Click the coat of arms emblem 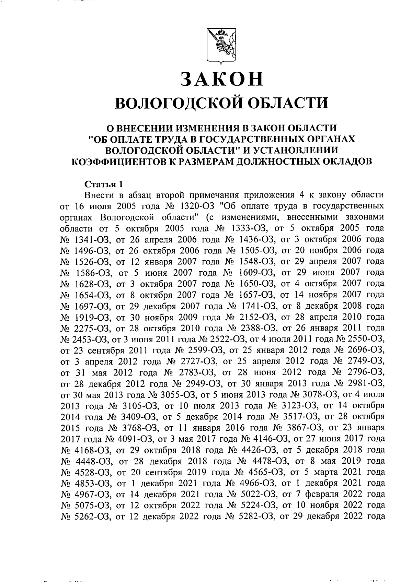pyautogui.click(x=221, y=45)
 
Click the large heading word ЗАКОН pyautogui.click(x=221, y=79)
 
